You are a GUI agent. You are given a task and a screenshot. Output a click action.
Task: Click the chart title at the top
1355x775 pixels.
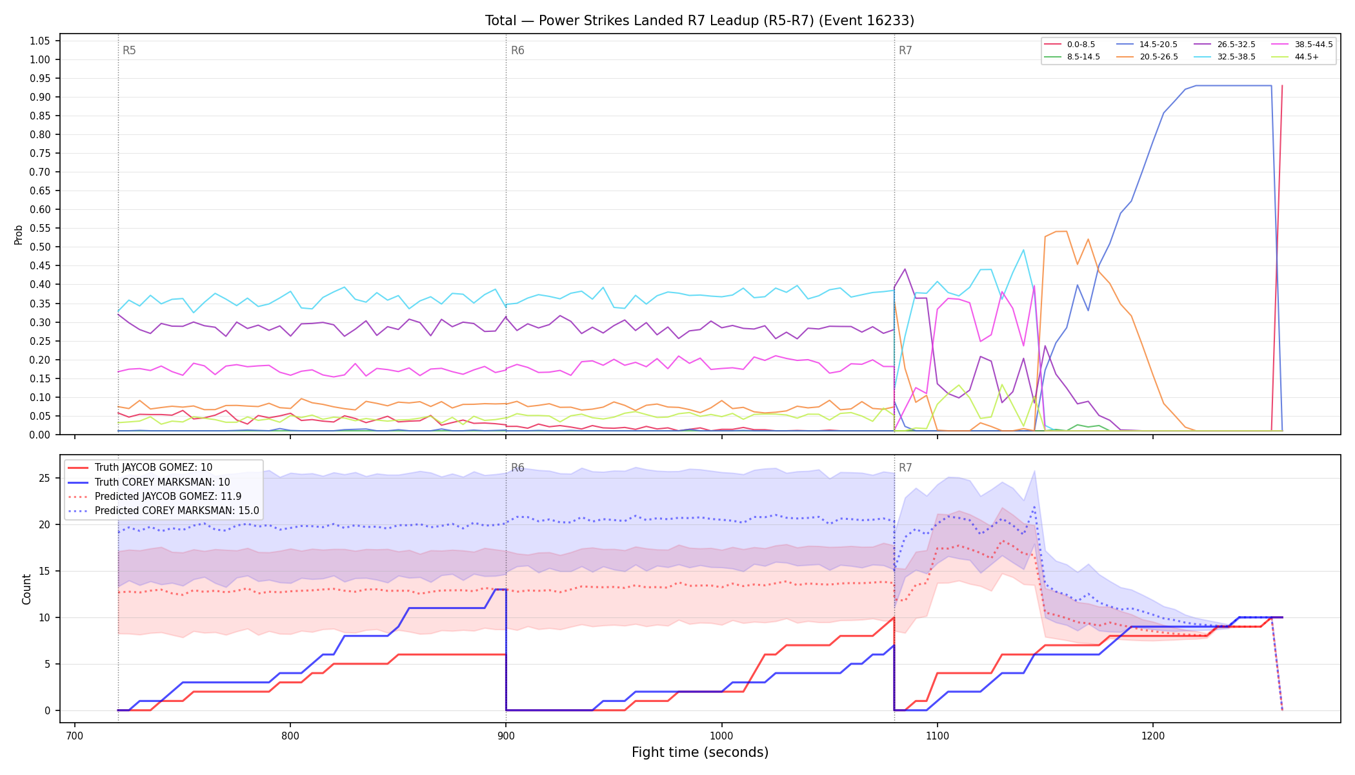point(699,21)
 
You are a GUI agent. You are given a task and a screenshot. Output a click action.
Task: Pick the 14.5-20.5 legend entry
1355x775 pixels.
point(1147,45)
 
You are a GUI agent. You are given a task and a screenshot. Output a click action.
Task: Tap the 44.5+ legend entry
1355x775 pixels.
point(1295,57)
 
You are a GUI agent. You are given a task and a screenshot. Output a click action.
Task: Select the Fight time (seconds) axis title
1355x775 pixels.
point(700,752)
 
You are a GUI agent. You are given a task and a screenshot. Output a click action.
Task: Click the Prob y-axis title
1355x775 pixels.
point(18,234)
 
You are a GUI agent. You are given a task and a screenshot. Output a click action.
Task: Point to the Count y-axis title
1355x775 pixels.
point(26,589)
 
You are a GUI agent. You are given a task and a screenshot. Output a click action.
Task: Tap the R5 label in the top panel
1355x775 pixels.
point(129,50)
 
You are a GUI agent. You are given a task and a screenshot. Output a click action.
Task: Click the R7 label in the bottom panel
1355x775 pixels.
point(905,468)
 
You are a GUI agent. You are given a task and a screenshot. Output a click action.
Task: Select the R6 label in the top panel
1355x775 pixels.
point(517,50)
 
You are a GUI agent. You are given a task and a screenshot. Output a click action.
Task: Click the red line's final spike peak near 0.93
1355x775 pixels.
point(1281,86)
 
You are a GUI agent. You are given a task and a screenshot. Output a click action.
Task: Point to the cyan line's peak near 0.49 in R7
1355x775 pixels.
point(1023,250)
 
